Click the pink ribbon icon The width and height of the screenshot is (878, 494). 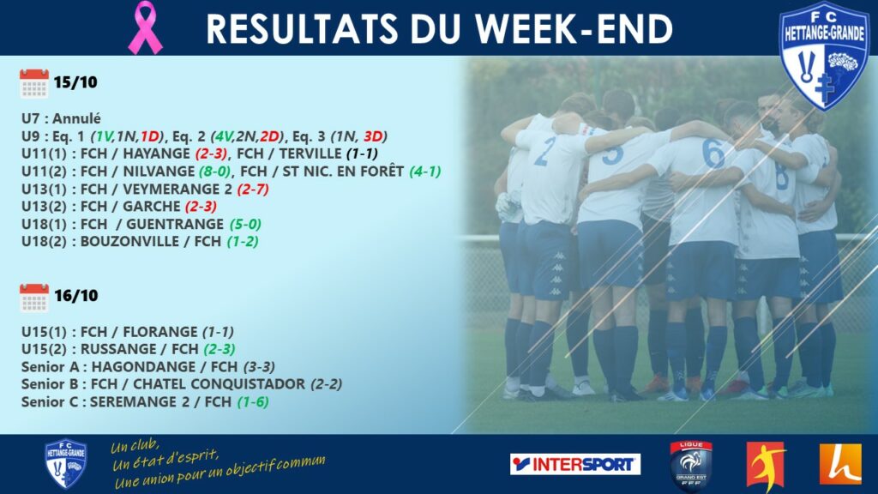coord(145,27)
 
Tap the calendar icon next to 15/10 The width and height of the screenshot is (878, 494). coord(34,83)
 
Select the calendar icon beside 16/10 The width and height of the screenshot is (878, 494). coord(34,298)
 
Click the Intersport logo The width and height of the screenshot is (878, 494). coord(575,464)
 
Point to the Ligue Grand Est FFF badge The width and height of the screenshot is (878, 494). coord(690,465)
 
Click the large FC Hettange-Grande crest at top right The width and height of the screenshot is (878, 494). coord(824,55)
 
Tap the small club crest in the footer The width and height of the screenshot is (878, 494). coord(65,463)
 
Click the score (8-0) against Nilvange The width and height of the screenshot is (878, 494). coord(215,172)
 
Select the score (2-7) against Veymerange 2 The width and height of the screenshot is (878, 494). coord(253,190)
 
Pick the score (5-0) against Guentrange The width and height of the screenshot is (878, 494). coord(245,225)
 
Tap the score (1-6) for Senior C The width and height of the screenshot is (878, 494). coord(253,402)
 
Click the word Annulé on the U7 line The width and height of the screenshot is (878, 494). coord(76,118)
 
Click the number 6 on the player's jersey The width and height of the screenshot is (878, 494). coord(713,153)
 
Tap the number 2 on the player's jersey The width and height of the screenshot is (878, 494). coord(544,151)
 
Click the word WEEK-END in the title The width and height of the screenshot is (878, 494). coord(574,29)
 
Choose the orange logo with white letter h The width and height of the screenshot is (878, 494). coord(840,464)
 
